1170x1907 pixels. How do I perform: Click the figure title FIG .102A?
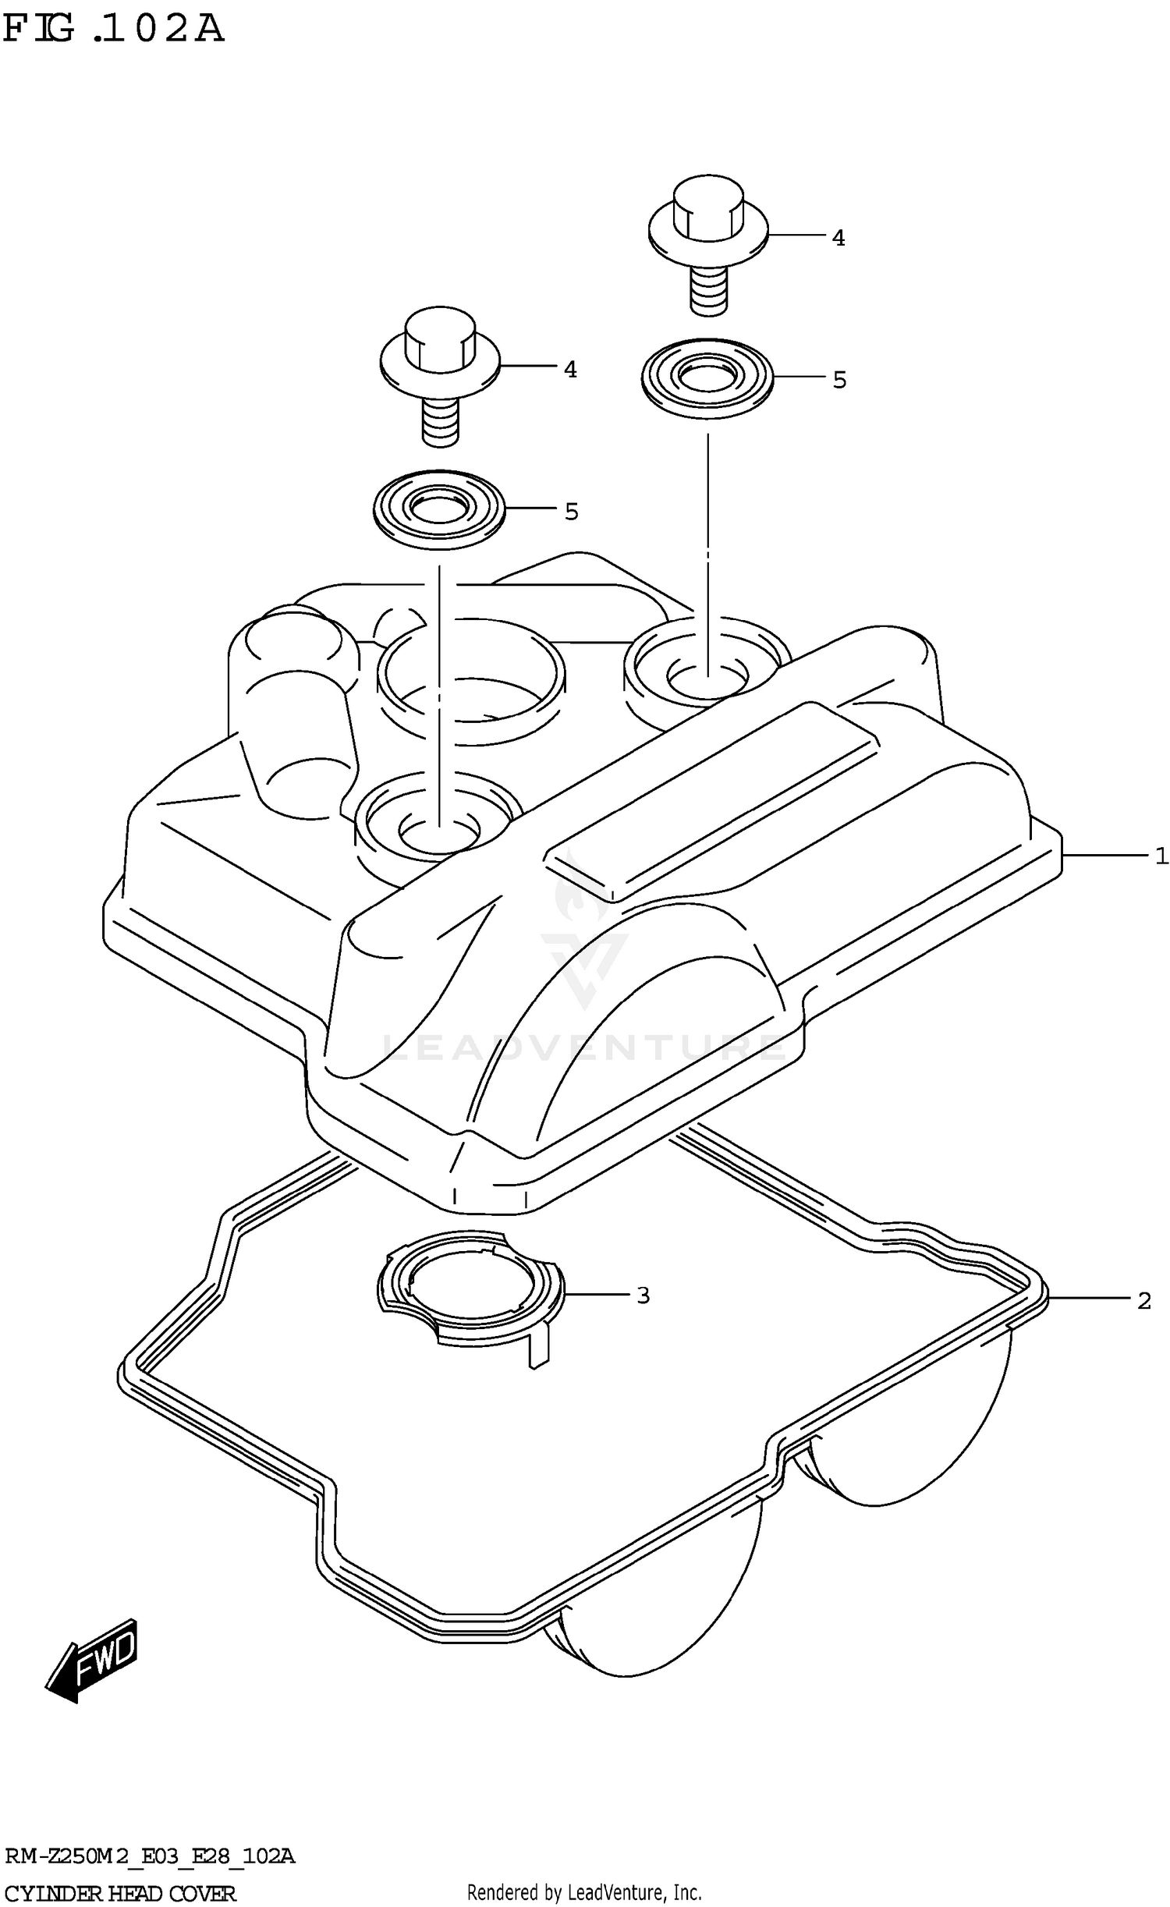coord(113,29)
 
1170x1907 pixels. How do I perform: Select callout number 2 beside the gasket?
coord(1143,1301)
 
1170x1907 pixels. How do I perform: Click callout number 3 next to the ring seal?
coord(643,1296)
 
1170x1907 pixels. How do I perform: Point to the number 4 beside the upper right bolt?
coord(838,238)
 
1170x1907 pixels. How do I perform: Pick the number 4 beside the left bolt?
coord(570,370)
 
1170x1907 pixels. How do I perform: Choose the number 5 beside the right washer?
coord(838,380)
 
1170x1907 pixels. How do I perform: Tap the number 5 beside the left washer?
coord(571,512)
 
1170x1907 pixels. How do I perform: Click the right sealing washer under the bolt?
coord(707,378)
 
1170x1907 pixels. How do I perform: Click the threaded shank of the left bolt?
coord(441,421)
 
